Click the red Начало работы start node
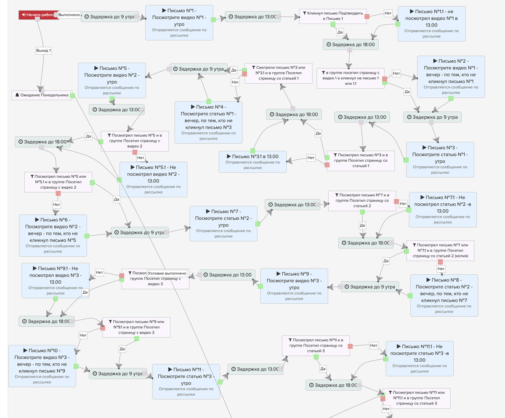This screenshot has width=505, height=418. pyautogui.click(x=39, y=15)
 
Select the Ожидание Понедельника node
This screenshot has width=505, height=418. pyautogui.click(x=42, y=95)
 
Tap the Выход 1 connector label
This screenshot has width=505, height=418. pyautogui.click(x=43, y=50)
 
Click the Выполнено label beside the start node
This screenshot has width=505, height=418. pyautogui.click(x=69, y=15)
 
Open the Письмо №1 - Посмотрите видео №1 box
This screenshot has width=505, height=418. pyautogui.click(x=179, y=23)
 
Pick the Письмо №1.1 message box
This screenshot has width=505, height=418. pyautogui.click(x=431, y=24)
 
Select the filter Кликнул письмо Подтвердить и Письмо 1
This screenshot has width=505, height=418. pyautogui.click(x=333, y=16)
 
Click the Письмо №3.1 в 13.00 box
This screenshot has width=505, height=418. pyautogui.click(x=252, y=162)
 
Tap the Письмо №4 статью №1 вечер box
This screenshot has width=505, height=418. pyautogui.click(x=208, y=122)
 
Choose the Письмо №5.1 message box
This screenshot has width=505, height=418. pyautogui.click(x=153, y=179)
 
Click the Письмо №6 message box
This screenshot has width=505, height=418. pyautogui.click(x=53, y=235)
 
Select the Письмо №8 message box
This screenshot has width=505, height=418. pyautogui.click(x=444, y=295)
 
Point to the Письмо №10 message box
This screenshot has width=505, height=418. pyautogui.click(x=42, y=366)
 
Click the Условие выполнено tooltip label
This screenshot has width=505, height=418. pyautogui.click(x=167, y=273)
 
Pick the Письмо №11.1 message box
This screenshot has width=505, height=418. pyautogui.click(x=420, y=359)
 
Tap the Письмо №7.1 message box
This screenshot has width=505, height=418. pyautogui.click(x=443, y=210)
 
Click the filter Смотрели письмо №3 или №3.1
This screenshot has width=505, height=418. pyautogui.click(x=278, y=73)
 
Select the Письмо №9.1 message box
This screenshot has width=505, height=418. pyautogui.click(x=56, y=281)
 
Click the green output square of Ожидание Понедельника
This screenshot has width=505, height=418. pyautogui.click(x=72, y=96)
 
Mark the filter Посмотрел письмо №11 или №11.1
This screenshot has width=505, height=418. pyautogui.click(x=417, y=398)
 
